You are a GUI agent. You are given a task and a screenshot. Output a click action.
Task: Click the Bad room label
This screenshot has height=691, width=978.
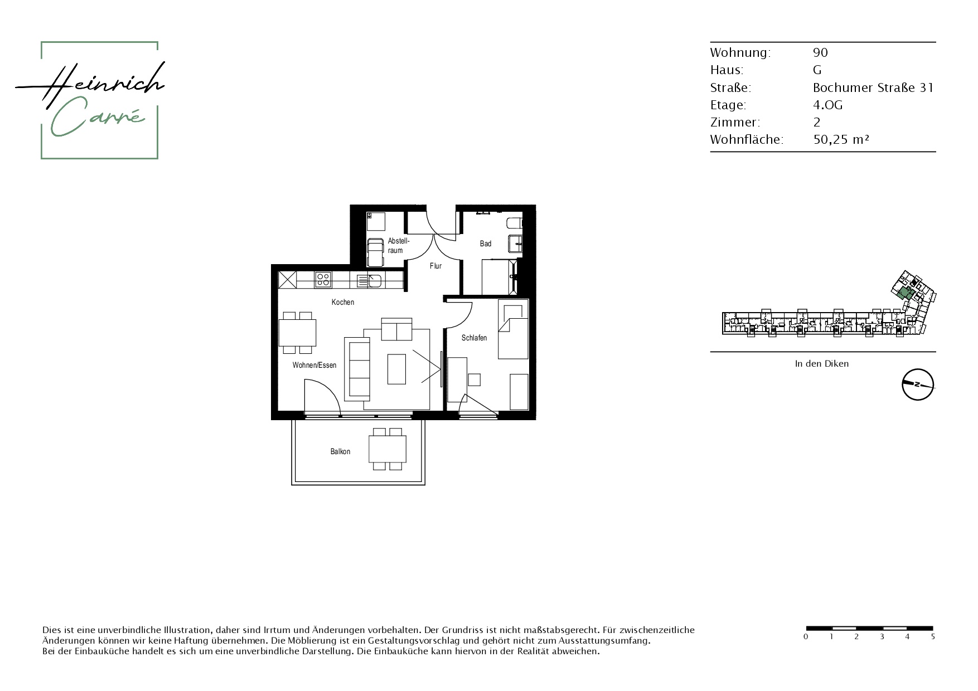coord(486,244)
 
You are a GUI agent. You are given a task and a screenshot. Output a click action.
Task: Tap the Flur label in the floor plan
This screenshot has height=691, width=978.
coord(435,266)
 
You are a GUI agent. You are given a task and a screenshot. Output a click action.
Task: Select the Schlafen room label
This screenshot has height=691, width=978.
coord(474,338)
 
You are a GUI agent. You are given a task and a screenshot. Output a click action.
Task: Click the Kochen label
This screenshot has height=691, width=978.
coord(342,302)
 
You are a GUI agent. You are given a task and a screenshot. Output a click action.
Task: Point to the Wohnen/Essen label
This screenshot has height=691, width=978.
coord(314,366)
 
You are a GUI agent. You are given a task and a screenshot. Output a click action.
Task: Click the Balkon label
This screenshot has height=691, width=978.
coord(340,451)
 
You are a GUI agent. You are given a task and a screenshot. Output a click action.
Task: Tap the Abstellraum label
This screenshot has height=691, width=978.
coord(399,246)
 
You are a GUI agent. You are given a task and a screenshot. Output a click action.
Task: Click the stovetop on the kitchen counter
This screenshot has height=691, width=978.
coord(322,279)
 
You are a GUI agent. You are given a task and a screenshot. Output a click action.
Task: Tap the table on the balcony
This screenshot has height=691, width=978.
coord(388,449)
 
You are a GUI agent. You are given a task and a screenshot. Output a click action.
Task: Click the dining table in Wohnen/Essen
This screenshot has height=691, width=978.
coord(297,333)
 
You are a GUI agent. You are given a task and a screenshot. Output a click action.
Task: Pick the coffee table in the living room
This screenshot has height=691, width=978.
coord(397,369)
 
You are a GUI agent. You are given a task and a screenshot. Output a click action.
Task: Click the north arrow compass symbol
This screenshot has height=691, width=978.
coord(918,385)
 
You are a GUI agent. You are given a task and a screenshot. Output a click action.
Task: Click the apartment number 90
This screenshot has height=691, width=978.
coord(820,52)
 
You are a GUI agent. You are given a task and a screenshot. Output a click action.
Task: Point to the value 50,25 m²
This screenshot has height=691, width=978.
coord(841,139)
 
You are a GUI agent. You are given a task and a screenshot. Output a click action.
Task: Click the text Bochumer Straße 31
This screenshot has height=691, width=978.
coord(873,87)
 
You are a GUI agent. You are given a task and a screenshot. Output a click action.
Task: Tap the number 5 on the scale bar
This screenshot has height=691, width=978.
coord(933,636)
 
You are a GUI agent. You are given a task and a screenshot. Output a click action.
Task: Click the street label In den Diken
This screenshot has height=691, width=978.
coord(822,363)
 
